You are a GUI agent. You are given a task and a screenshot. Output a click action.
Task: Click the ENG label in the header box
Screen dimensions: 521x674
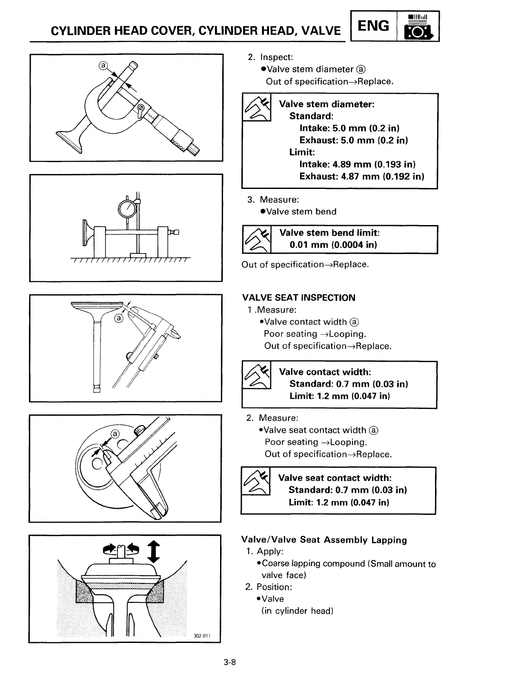click(x=373, y=26)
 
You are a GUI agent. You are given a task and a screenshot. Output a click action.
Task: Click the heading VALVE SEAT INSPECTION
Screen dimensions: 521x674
click(x=298, y=298)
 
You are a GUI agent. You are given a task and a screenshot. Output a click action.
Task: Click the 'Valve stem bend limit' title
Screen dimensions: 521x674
click(x=329, y=233)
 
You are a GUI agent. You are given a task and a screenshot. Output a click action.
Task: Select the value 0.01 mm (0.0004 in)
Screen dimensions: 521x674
click(x=333, y=245)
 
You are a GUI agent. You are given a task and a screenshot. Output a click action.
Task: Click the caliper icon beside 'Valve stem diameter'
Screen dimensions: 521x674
click(x=257, y=108)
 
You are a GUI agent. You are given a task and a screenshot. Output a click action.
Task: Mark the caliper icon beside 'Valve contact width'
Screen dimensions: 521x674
click(x=257, y=375)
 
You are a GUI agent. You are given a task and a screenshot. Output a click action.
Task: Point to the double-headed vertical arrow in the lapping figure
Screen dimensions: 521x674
click(x=155, y=551)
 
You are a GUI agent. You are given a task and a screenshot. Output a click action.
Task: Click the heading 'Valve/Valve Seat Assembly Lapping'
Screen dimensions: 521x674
click(x=324, y=540)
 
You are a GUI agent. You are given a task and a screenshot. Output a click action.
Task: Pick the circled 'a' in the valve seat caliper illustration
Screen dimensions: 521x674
click(x=115, y=434)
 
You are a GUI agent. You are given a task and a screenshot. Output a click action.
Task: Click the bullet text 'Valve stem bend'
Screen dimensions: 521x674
click(x=301, y=211)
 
